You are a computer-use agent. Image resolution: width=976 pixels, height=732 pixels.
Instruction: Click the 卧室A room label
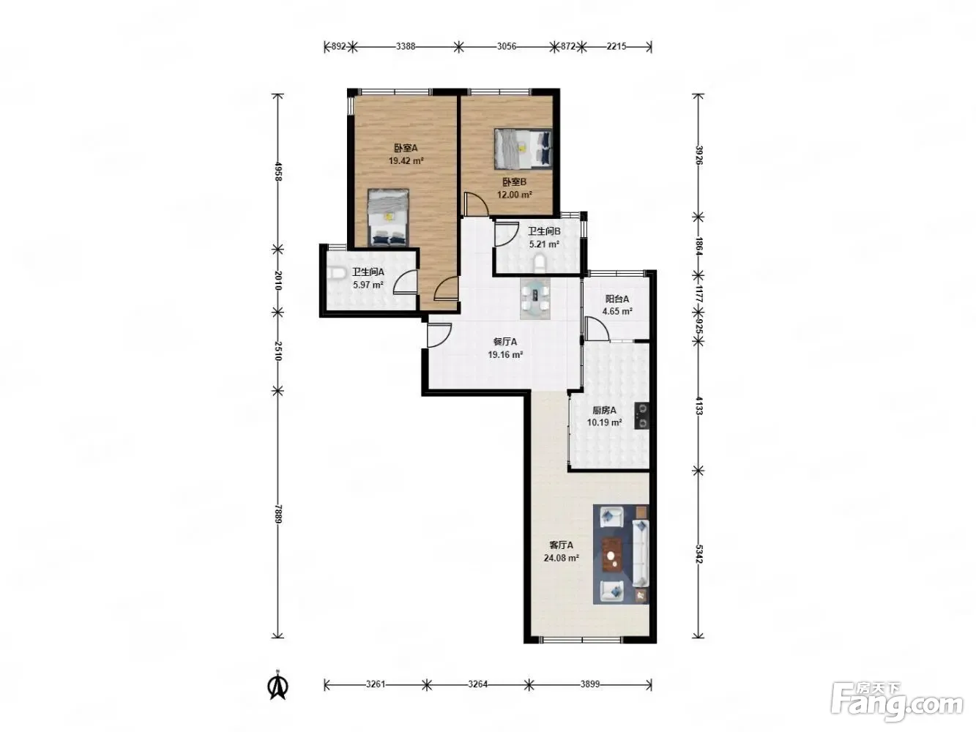[x=406, y=148]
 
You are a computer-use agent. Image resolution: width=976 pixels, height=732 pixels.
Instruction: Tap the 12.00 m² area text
[x=515, y=195]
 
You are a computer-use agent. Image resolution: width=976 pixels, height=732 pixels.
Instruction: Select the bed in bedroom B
[x=523, y=149]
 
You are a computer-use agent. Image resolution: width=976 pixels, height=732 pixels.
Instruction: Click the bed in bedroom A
[x=388, y=217]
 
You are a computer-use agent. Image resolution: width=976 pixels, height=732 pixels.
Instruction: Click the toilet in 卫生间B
[x=540, y=263]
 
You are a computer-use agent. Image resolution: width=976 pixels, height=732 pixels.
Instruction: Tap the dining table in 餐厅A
[x=535, y=299]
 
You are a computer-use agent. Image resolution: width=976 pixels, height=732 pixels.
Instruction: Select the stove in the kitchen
[x=641, y=416]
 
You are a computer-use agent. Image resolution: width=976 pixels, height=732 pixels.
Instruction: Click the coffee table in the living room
[x=613, y=555]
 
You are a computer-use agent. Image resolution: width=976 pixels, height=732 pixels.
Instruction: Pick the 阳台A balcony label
[x=617, y=299]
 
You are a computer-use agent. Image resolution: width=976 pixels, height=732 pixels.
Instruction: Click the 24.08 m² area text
[x=561, y=558]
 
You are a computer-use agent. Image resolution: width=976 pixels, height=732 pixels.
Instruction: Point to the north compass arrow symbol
[x=278, y=686]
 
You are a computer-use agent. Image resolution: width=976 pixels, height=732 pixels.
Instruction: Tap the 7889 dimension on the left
[x=278, y=514]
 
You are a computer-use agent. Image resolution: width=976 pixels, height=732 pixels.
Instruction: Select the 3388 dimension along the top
[x=405, y=46]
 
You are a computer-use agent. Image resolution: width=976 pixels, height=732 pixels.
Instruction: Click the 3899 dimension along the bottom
[x=590, y=684]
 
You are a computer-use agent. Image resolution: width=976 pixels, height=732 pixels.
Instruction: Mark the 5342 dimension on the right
[x=698, y=554]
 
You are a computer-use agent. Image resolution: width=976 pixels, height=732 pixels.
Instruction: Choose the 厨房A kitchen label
[x=604, y=410]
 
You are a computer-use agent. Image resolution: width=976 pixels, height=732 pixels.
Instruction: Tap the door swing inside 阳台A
[x=597, y=329]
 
